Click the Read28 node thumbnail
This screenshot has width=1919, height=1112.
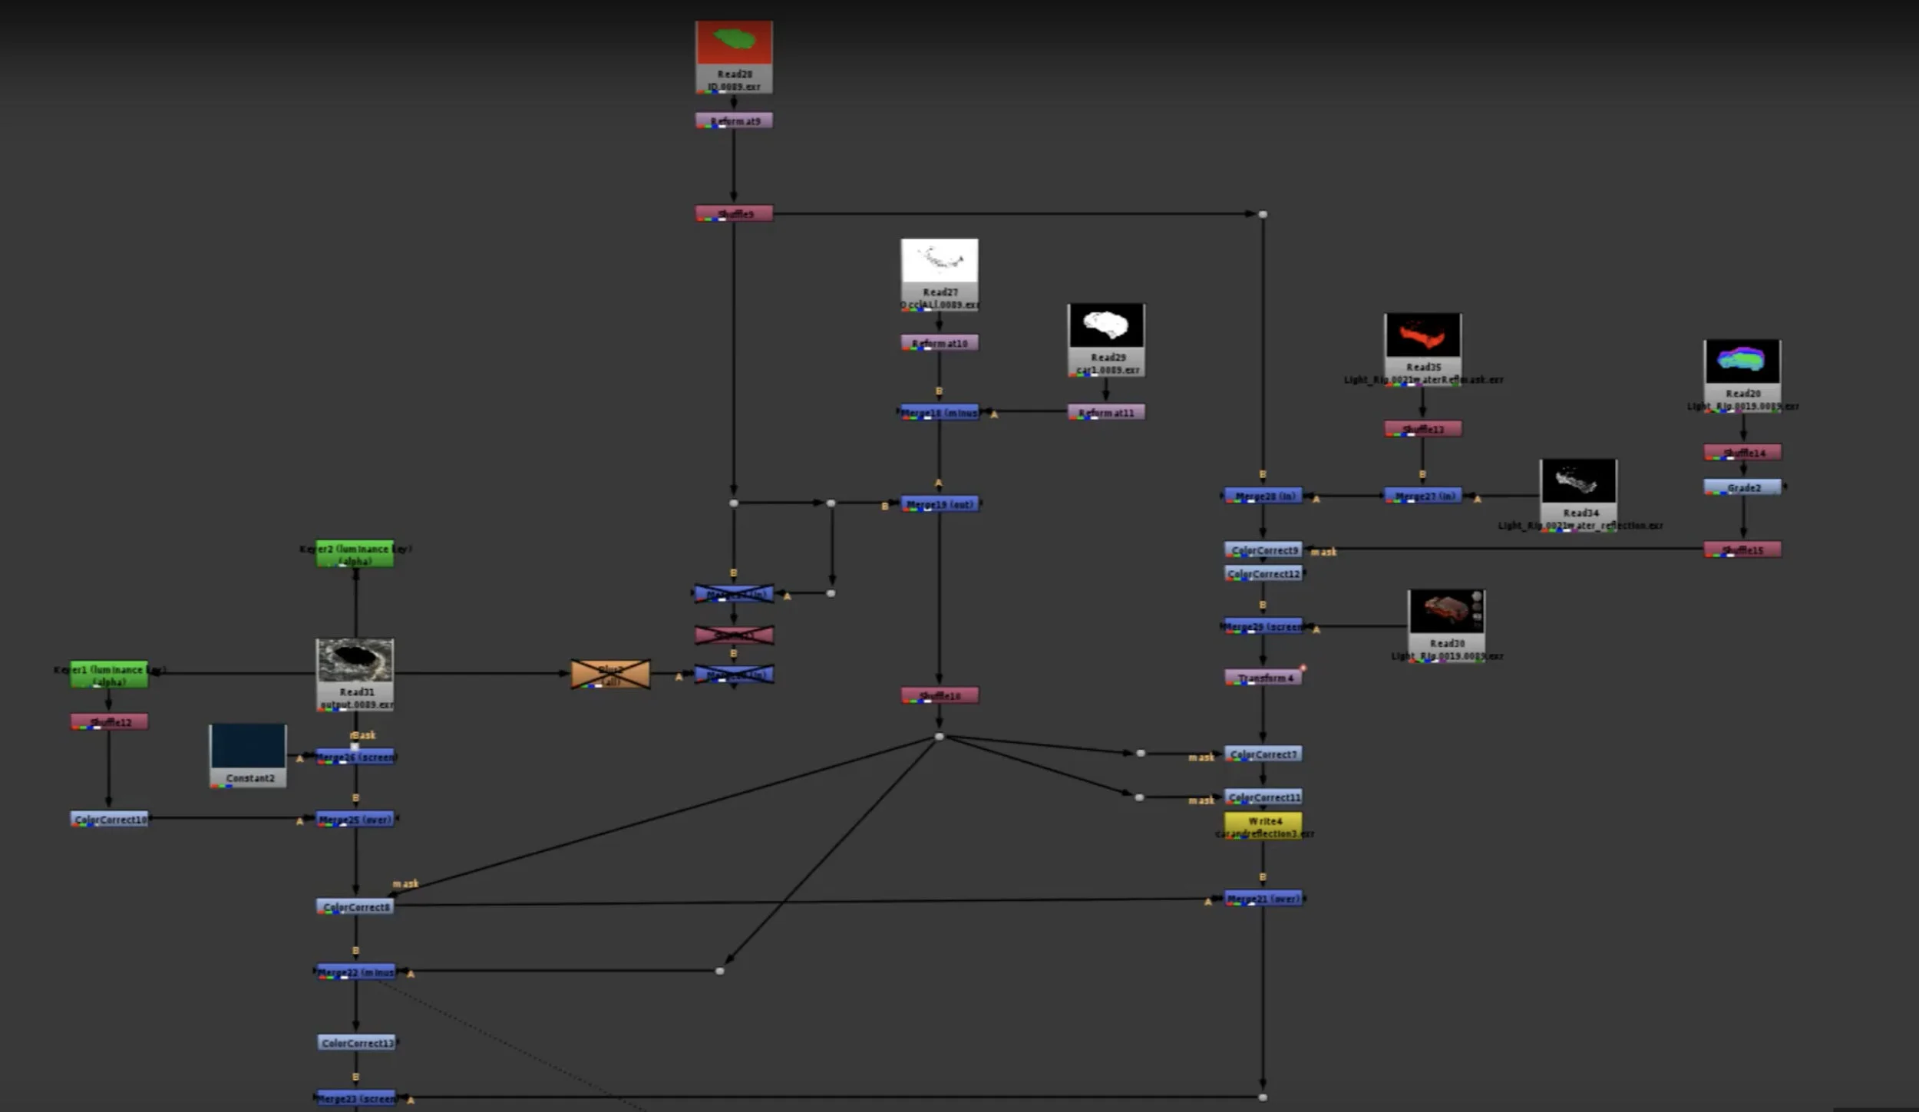[734, 43]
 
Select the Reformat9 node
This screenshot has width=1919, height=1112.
[734, 120]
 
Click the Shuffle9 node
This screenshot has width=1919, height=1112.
[734, 213]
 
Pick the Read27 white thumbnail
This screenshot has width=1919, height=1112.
[940, 261]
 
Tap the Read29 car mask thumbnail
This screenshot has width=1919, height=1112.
[1105, 325]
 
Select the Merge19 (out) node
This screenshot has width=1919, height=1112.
[940, 504]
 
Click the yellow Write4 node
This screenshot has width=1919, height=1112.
[1263, 826]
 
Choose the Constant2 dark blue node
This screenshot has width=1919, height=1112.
[248, 746]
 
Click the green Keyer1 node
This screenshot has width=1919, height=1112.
[109, 675]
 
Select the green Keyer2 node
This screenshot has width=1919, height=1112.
[355, 554]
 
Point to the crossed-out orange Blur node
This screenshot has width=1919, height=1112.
[610, 675]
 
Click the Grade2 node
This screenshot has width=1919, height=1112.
[1742, 487]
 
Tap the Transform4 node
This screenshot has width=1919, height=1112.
[1263, 678]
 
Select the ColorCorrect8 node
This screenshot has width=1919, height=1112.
[355, 906]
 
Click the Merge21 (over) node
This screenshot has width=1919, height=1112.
[1263, 898]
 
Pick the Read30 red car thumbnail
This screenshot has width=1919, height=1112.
[1446, 612]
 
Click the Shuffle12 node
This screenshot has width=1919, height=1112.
[109, 721]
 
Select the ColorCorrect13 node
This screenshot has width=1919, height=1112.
[356, 1042]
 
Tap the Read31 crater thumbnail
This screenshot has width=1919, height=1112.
[355, 661]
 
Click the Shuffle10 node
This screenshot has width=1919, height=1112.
[940, 695]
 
